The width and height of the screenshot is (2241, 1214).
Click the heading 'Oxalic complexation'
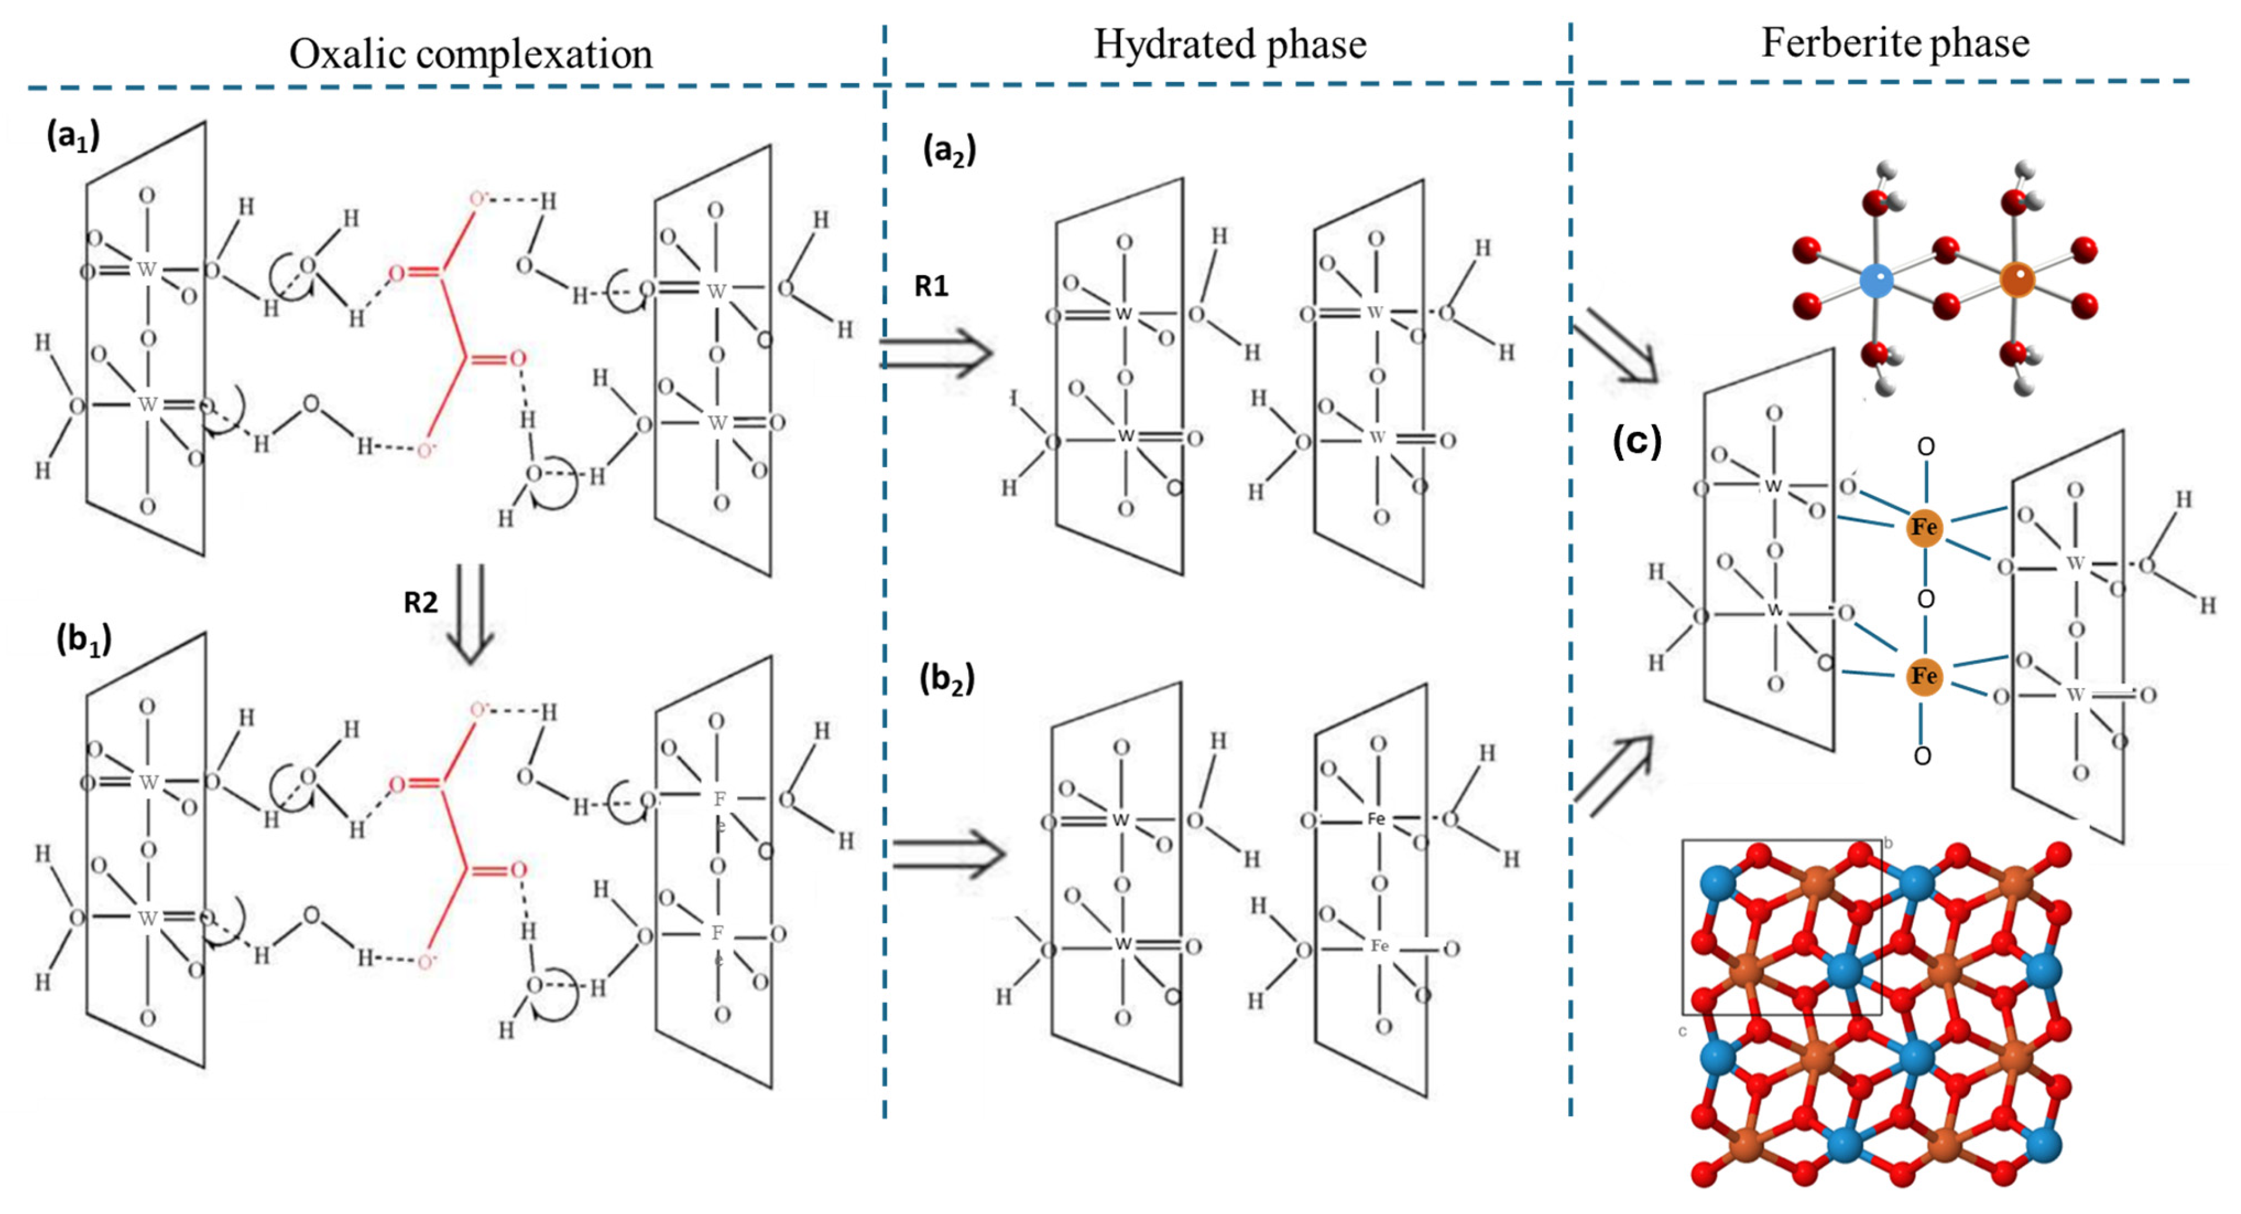click(x=471, y=54)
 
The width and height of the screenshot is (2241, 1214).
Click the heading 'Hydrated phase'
click(x=1229, y=43)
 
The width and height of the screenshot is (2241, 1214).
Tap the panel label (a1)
click(x=73, y=136)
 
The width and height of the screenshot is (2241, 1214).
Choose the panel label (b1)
click(x=84, y=640)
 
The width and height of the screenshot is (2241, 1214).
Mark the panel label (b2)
click(x=946, y=679)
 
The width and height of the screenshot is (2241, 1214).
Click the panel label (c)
click(x=1636, y=441)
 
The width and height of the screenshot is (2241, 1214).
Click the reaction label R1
click(x=931, y=286)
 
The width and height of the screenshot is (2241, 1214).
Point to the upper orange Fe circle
click(x=1923, y=527)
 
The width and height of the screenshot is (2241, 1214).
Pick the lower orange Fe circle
click(x=1923, y=676)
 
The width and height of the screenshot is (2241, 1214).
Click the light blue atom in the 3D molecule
click(x=1877, y=280)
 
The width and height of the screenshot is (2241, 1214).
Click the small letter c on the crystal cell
click(x=1682, y=1031)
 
